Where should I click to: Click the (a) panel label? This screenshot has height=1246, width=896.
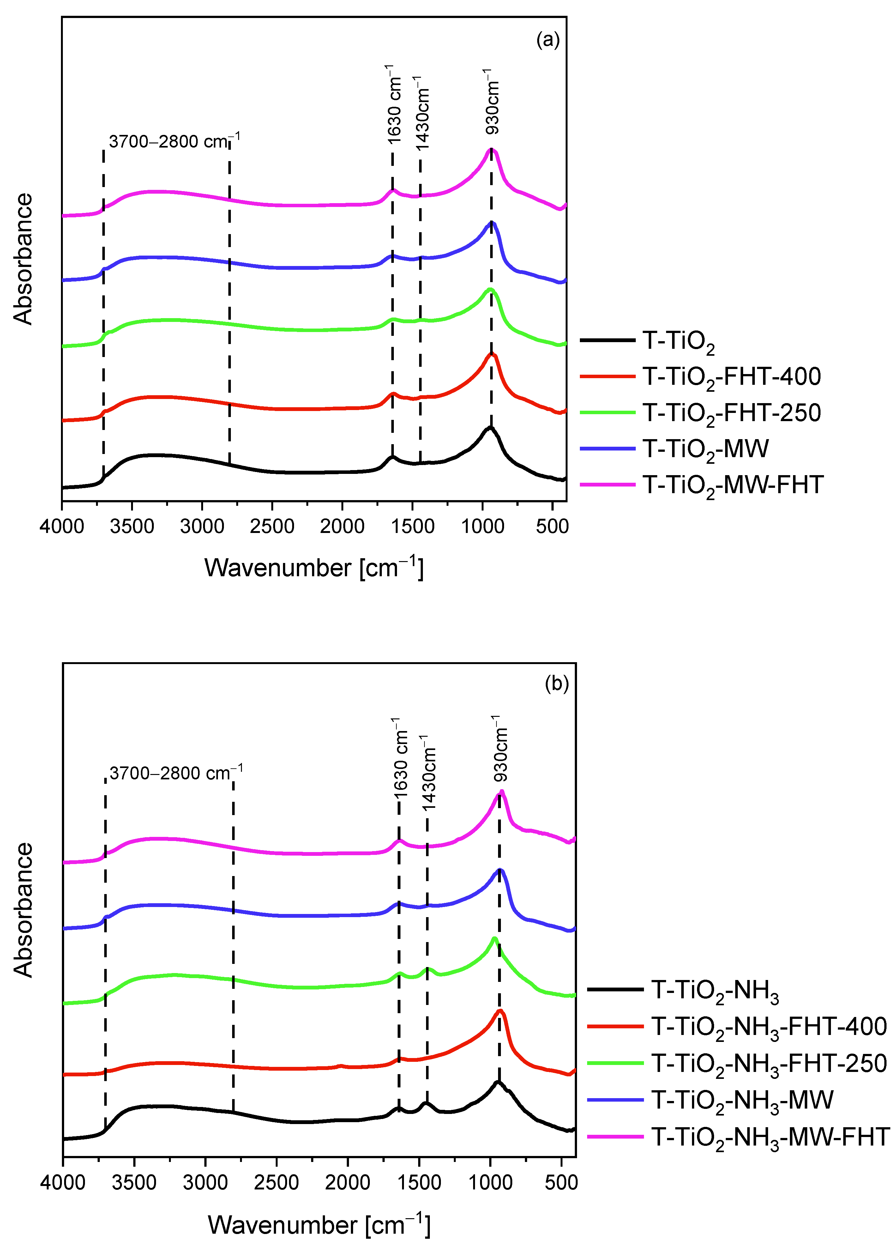548,40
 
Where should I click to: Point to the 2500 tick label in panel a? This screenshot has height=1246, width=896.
272,526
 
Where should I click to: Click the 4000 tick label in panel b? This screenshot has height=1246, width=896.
63,1181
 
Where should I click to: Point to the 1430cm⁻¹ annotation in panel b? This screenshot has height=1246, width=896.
429,772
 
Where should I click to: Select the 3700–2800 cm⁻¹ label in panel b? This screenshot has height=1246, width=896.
176,773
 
